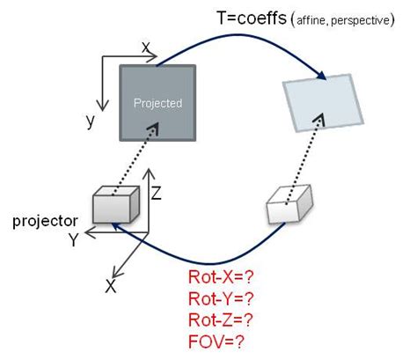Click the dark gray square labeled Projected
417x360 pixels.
(157, 101)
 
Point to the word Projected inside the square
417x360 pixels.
(157, 103)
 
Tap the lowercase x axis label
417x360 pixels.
(146, 48)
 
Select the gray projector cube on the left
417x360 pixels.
(115, 205)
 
